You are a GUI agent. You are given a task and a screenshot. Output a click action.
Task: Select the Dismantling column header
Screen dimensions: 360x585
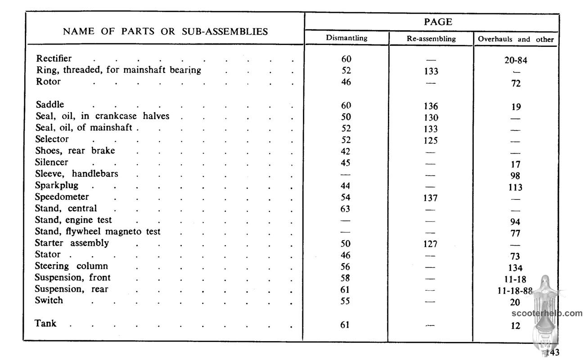[x=346, y=38]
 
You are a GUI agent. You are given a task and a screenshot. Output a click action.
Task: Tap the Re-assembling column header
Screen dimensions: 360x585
[x=431, y=39]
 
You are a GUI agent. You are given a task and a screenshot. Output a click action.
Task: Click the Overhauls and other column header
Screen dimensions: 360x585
[x=516, y=39]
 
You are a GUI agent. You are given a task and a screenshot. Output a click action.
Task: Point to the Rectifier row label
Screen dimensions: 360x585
[x=54, y=58]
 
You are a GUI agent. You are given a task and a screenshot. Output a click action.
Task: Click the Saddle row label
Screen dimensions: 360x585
[x=49, y=105]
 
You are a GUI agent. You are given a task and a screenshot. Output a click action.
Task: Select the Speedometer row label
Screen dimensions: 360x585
[x=62, y=197]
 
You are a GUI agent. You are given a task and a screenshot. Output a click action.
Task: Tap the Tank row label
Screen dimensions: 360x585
[x=45, y=323]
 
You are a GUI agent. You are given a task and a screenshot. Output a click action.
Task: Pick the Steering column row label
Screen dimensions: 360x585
[x=72, y=266]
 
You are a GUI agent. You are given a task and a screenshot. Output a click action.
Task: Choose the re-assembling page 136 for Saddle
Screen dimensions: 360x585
[x=431, y=107]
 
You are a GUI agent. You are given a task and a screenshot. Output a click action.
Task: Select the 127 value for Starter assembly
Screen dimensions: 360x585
[x=431, y=244]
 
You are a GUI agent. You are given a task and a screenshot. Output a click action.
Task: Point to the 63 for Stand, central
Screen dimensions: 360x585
[x=346, y=209]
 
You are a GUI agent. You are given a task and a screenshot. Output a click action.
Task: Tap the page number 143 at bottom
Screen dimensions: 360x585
[x=552, y=352]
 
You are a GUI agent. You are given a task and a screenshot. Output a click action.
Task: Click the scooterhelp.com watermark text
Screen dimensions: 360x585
[x=547, y=314]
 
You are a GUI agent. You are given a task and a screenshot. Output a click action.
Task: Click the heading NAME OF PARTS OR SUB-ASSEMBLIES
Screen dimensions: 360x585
[x=165, y=31]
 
